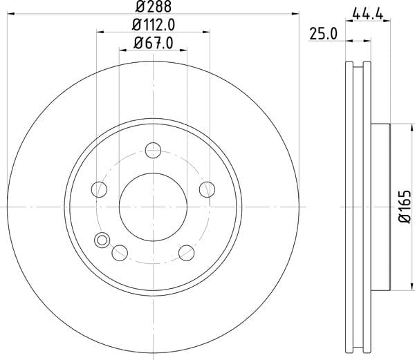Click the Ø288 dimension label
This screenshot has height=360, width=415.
tap(154, 6)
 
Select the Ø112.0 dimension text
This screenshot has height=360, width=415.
tap(154, 25)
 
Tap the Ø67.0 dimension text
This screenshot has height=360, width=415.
tap(154, 43)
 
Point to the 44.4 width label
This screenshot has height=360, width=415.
tap(368, 14)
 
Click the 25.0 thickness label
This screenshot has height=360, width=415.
tap(324, 34)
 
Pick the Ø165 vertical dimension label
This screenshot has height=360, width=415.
tap(405, 207)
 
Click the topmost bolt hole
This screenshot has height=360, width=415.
tap(154, 150)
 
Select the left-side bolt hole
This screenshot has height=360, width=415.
tap(99, 189)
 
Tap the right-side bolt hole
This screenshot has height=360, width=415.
tap(207, 189)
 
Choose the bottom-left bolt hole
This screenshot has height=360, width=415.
tap(120, 253)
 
